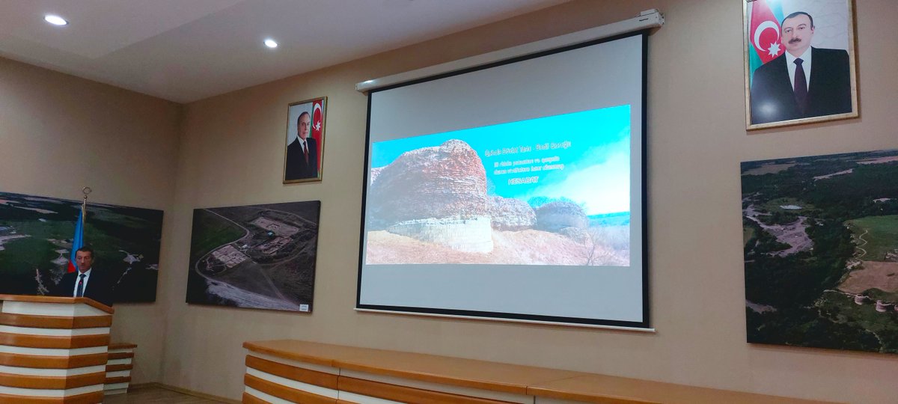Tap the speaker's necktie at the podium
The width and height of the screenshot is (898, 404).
80,285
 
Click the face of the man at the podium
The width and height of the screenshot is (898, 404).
83,260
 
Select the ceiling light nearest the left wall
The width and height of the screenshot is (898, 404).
55,20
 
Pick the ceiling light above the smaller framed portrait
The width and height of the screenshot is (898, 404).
270,43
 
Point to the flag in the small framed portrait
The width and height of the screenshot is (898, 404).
317,123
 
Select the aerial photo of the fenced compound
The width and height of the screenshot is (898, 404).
253,254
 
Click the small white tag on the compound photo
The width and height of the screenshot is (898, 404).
303,306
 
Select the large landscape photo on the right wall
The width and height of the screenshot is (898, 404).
819,251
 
